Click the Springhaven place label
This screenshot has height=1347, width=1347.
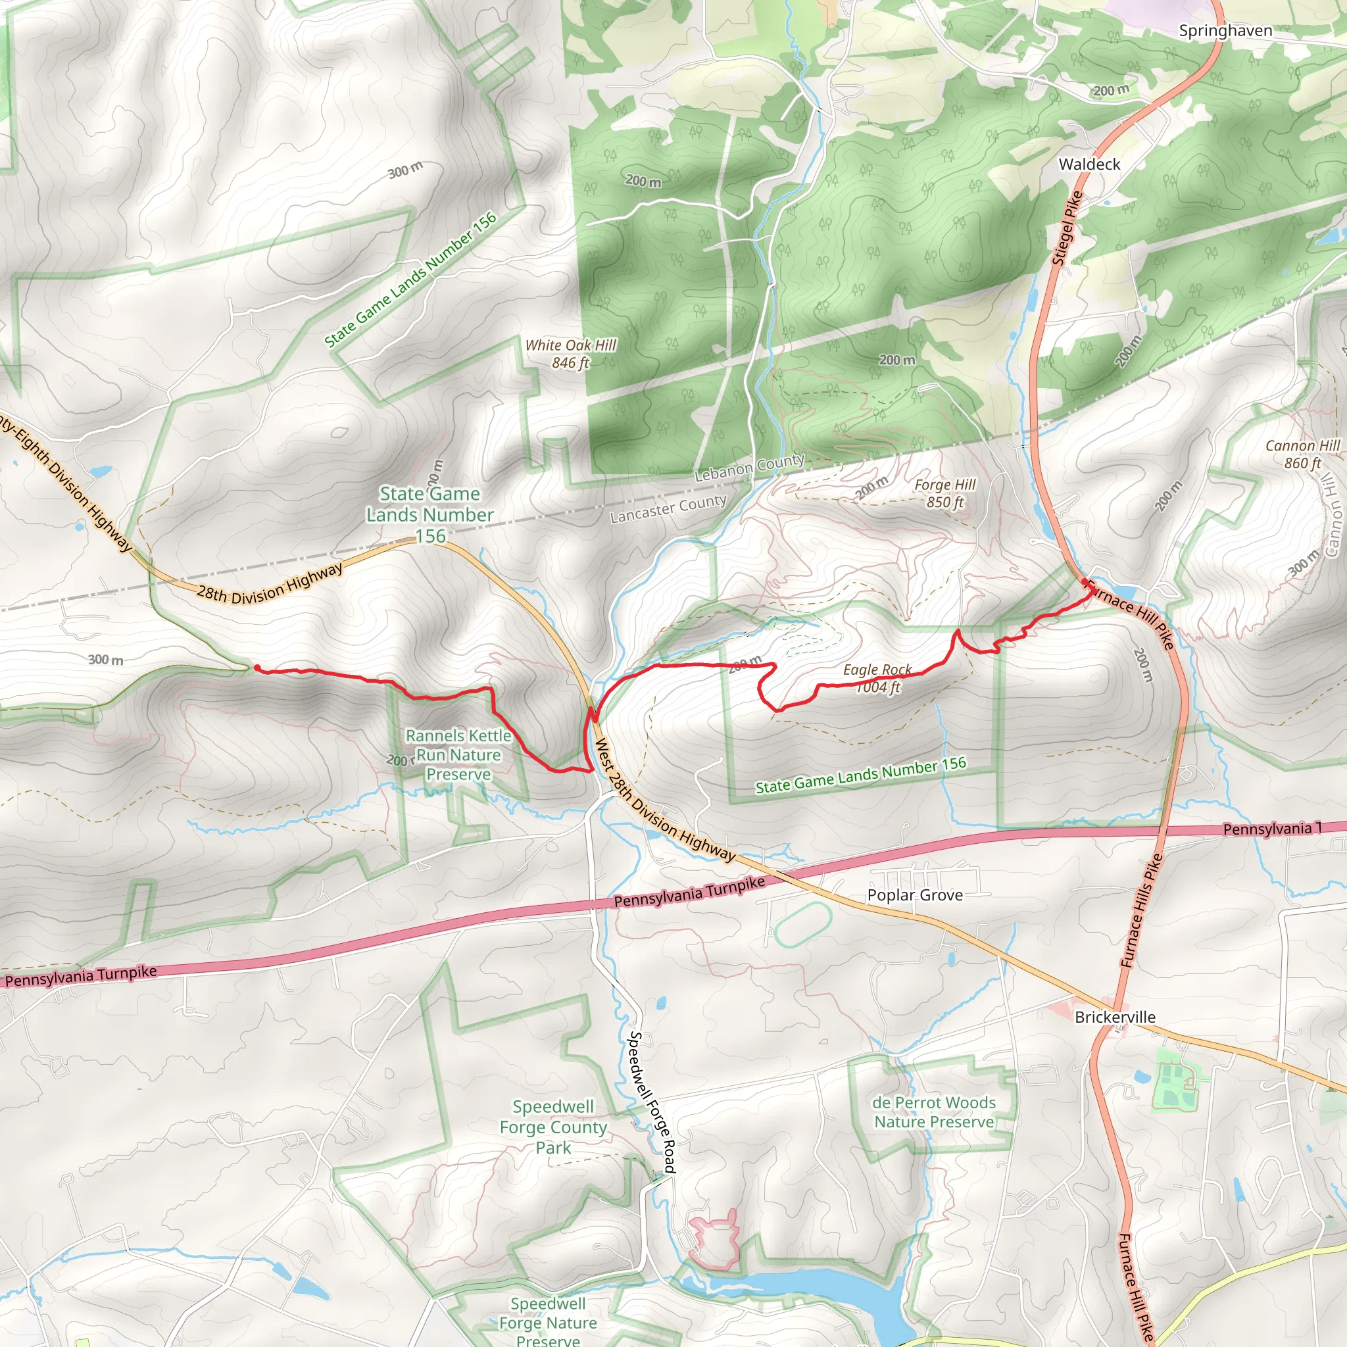tap(1225, 31)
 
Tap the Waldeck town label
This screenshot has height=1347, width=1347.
tap(1089, 164)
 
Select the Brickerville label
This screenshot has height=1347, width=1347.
tap(1115, 1017)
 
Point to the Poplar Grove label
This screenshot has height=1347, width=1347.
tap(915, 895)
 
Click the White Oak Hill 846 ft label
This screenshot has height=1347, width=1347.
tap(570, 353)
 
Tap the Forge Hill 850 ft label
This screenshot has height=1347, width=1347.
tap(944, 493)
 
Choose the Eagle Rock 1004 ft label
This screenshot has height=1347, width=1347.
tap(877, 678)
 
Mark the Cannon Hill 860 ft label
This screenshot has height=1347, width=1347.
tap(1302, 454)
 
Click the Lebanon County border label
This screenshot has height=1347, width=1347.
tap(750, 468)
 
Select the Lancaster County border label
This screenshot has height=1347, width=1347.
tap(668, 509)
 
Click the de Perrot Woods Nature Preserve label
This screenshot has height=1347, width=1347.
tap(933, 1112)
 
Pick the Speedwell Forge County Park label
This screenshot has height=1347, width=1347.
tap(553, 1127)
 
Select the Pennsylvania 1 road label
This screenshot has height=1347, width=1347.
tap(1273, 828)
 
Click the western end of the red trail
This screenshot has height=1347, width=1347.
tap(257, 668)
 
